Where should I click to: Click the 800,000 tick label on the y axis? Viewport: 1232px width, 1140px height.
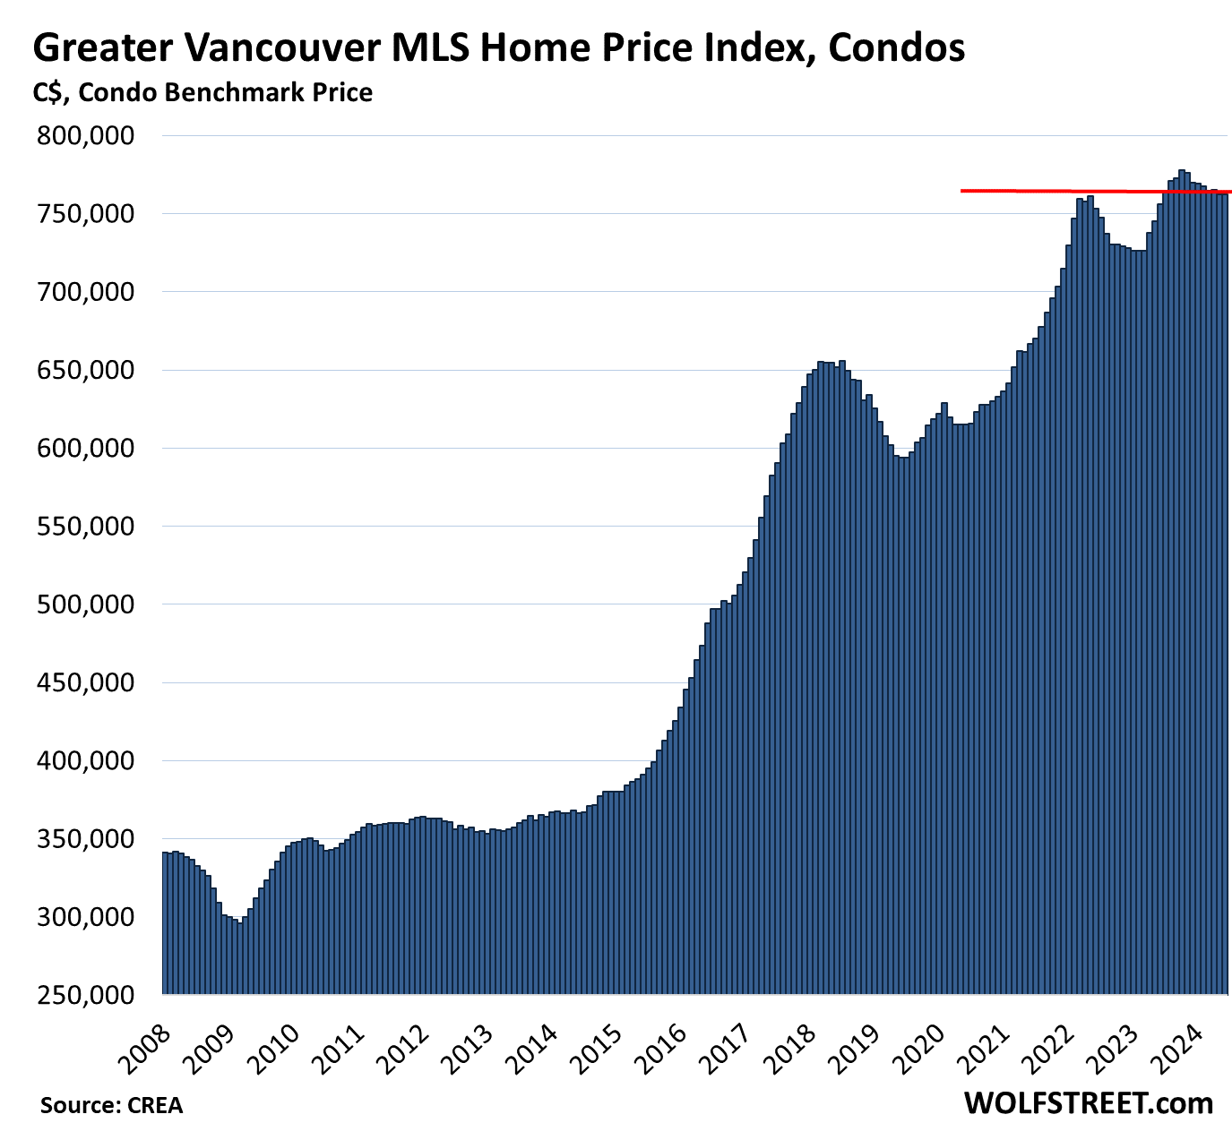[85, 136]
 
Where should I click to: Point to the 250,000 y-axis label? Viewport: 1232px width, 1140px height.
[85, 995]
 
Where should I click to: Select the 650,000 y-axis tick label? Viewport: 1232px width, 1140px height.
[85, 371]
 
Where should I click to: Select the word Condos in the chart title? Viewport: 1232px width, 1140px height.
[896, 47]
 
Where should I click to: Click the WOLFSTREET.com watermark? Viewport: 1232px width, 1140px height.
[1088, 1103]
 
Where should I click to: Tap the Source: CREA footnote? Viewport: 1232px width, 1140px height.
[111, 1106]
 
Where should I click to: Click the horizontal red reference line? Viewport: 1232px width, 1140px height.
[1030, 191]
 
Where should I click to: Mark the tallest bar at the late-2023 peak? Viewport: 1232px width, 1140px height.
[1182, 582]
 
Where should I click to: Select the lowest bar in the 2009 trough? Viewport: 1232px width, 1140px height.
[239, 958]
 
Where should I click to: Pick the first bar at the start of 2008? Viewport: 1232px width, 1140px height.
[165, 922]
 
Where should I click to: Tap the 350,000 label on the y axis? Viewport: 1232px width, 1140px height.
[85, 840]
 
